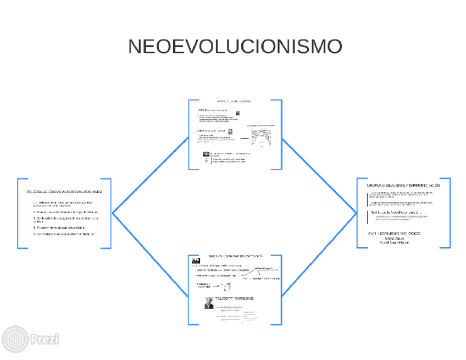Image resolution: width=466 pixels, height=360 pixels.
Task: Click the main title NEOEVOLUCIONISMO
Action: click(x=235, y=47)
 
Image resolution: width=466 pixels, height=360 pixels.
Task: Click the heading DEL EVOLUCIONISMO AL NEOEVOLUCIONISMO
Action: click(x=64, y=191)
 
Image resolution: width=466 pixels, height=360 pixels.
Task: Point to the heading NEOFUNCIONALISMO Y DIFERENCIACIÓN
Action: click(x=404, y=186)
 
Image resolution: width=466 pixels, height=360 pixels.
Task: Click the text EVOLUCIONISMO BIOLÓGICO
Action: click(x=395, y=234)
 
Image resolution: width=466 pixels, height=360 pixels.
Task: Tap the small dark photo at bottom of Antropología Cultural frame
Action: click(x=206, y=154)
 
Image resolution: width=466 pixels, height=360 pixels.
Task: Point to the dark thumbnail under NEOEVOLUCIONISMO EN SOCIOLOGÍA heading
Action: click(x=195, y=261)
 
